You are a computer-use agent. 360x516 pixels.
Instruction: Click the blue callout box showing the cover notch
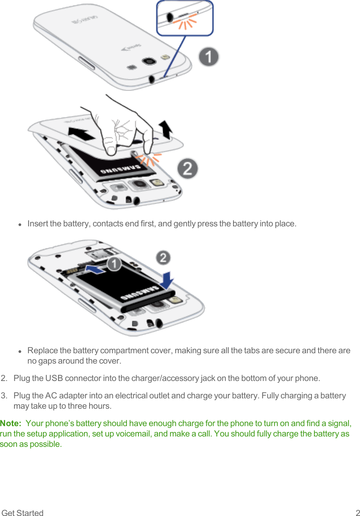point(185,18)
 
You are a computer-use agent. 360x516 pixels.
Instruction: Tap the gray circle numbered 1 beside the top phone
point(209,57)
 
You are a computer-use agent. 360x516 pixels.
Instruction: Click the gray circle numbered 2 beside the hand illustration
point(188,168)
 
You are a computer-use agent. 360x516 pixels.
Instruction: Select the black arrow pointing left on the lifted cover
point(81,133)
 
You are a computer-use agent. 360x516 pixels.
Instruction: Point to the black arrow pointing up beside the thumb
point(166,129)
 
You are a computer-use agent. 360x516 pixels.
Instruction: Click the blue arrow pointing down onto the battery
point(167,280)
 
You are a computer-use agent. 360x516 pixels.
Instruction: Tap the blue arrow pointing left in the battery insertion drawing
point(95,269)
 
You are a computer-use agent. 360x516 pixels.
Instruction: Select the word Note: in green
point(11,423)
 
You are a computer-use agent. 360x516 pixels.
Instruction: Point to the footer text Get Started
point(23,513)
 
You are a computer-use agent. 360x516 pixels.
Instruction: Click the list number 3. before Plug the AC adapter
point(4,395)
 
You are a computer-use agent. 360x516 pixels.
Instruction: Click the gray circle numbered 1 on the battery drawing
point(114,264)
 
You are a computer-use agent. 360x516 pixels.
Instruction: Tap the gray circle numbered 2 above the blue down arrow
point(163,257)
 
